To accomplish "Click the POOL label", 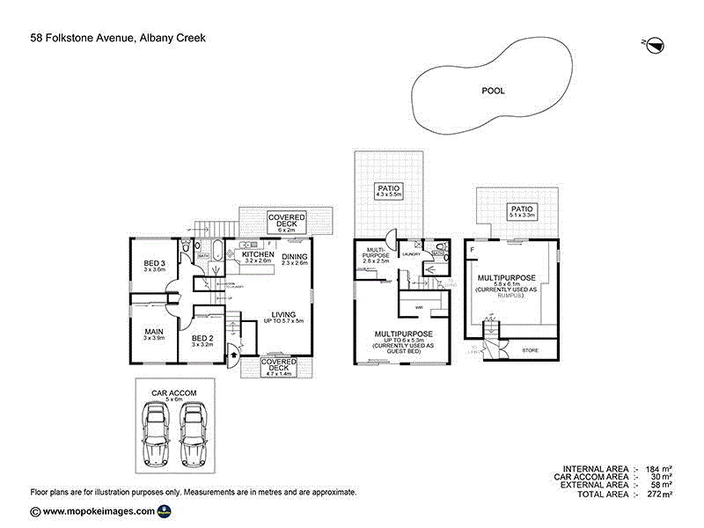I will (x=493, y=90).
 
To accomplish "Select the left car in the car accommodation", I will (x=157, y=435).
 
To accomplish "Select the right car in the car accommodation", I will (x=194, y=435).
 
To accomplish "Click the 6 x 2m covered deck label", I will (x=286, y=221).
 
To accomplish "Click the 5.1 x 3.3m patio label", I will (x=522, y=211).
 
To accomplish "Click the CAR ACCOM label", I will (x=173, y=393).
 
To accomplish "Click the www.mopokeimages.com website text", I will (x=99, y=511).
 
